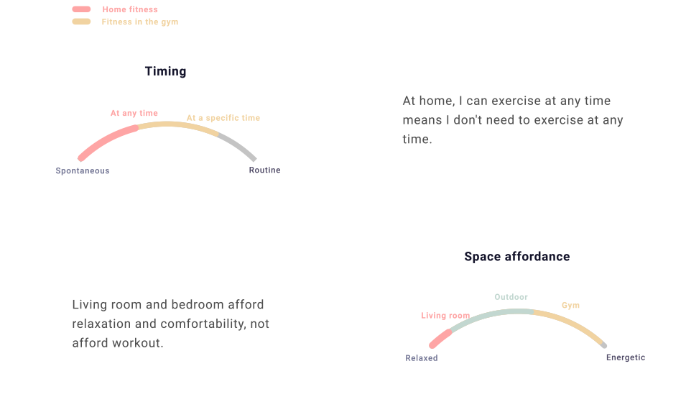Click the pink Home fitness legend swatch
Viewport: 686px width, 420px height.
click(x=81, y=9)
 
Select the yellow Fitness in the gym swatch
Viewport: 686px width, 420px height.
click(x=81, y=22)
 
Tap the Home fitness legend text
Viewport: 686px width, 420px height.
click(x=130, y=9)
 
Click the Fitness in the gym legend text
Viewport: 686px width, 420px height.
click(x=140, y=22)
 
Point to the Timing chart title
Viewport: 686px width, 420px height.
click(x=165, y=71)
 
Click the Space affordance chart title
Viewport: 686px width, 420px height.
click(x=517, y=256)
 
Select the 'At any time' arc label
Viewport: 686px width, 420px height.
click(x=134, y=113)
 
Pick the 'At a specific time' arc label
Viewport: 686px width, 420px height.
click(x=223, y=118)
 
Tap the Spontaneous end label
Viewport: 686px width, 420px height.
click(x=83, y=170)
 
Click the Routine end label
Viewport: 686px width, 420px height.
click(x=264, y=170)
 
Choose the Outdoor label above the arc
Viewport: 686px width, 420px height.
click(x=511, y=297)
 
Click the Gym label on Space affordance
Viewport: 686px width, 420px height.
click(x=570, y=305)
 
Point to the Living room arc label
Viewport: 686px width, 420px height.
click(x=445, y=315)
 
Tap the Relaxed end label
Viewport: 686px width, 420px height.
click(x=422, y=358)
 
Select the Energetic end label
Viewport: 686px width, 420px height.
click(x=626, y=357)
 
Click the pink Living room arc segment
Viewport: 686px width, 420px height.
click(x=440, y=339)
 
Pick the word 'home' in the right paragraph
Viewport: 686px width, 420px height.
click(x=437, y=101)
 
